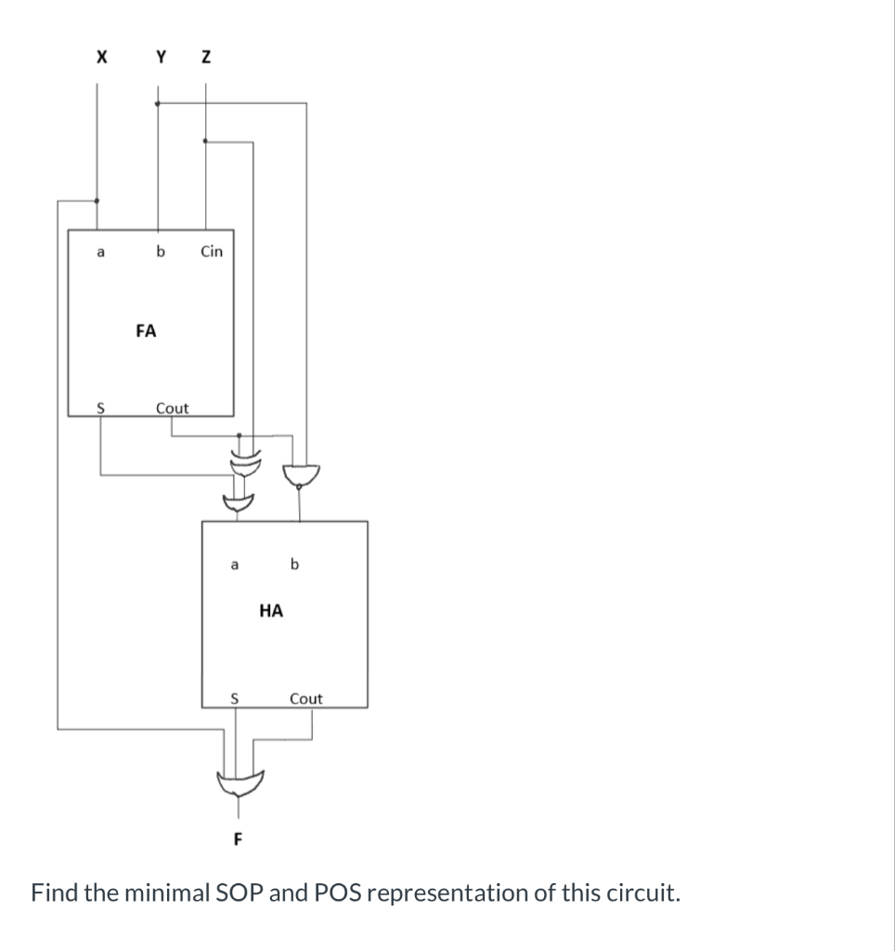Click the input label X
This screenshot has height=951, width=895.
(100, 58)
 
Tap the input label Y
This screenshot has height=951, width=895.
(162, 58)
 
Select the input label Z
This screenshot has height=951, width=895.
(206, 58)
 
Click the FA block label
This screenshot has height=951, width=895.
(146, 330)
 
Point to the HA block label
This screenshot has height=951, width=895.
(271, 610)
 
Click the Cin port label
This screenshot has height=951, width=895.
(212, 251)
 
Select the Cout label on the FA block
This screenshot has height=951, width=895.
(172, 408)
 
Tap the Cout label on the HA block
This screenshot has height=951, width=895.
(306, 698)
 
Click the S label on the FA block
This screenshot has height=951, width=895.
(101, 408)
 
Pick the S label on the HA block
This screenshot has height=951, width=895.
(235, 698)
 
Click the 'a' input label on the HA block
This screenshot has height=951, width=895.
(235, 563)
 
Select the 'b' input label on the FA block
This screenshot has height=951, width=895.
(161, 251)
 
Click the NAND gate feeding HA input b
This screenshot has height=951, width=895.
(298, 475)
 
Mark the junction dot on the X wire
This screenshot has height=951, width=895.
(97, 200)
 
